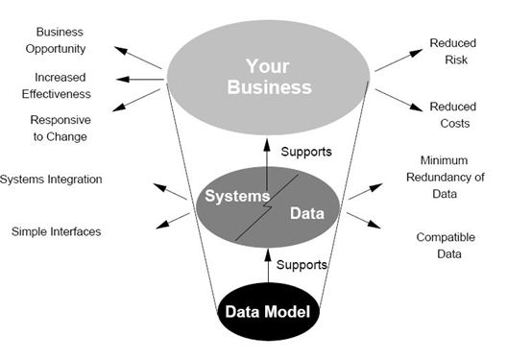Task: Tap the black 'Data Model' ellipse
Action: (x=265, y=311)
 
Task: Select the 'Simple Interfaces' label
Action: (x=57, y=231)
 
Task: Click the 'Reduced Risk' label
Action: (x=453, y=53)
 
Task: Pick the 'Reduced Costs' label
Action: (x=453, y=114)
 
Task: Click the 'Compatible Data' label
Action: (x=446, y=246)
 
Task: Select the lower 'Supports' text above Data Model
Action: (x=302, y=263)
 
